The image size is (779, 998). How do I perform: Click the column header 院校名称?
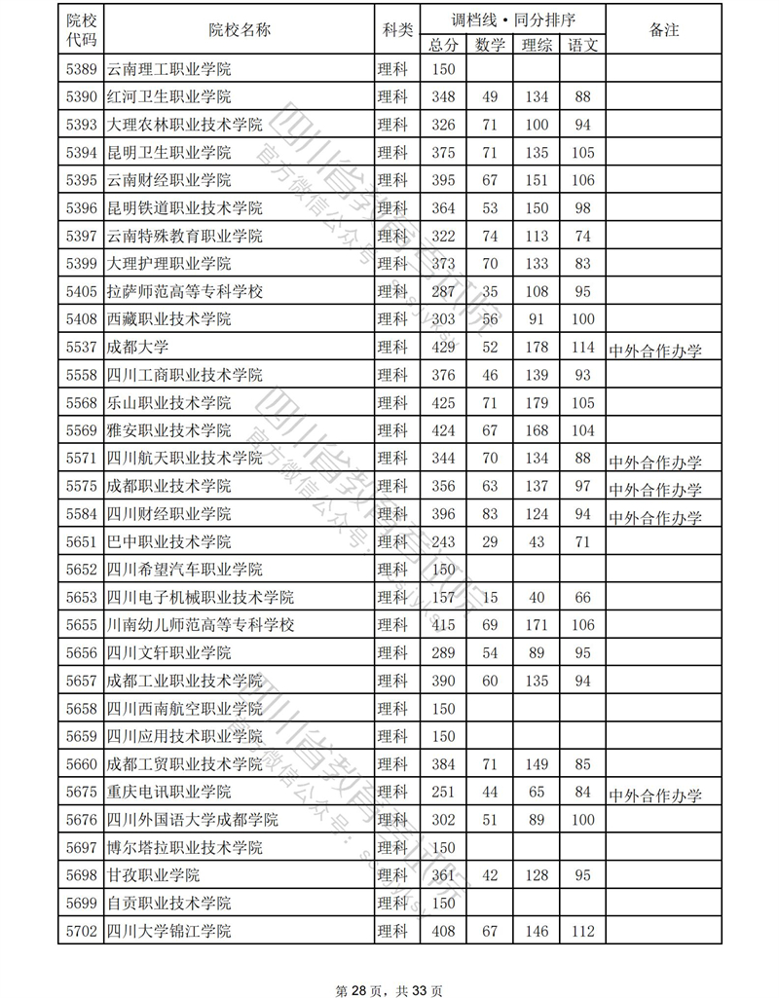click(240, 30)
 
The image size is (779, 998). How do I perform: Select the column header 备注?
click(663, 30)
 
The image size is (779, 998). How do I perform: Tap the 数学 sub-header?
click(490, 44)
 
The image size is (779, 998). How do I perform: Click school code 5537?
click(83, 348)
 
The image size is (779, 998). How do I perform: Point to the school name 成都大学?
click(136, 348)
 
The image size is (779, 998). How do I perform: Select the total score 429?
click(443, 348)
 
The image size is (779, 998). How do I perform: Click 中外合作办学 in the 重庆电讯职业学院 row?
click(655, 795)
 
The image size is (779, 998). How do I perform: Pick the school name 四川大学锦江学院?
click(169, 932)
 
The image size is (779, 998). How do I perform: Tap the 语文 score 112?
click(583, 932)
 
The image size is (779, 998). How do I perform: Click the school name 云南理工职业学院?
click(169, 69)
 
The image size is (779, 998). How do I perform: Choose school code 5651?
click(83, 541)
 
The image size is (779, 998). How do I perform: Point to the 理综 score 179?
click(536, 403)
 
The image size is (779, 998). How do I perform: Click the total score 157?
click(443, 597)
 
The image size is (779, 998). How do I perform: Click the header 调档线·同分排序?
click(513, 18)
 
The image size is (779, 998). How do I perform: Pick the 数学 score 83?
click(490, 513)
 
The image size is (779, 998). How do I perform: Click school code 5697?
click(83, 848)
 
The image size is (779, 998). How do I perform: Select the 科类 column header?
click(395, 30)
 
